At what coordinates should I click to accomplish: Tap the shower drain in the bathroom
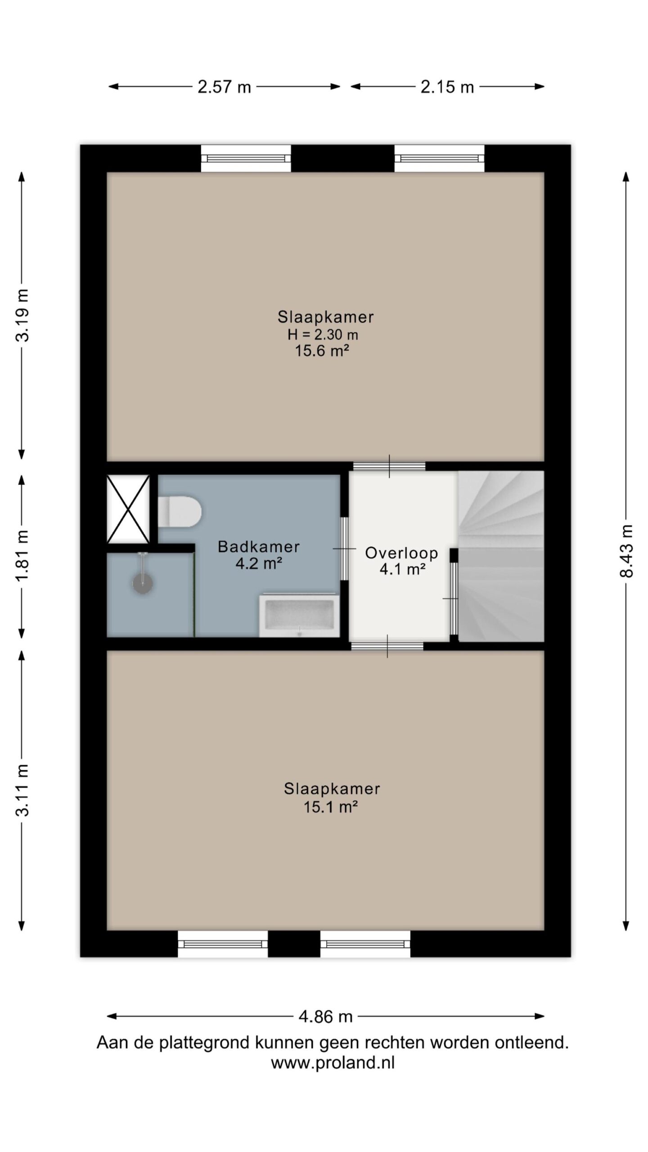tap(143, 583)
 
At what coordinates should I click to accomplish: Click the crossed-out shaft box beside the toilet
tap(128, 509)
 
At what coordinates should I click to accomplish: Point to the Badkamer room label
tap(259, 547)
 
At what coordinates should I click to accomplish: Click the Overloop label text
tap(401, 553)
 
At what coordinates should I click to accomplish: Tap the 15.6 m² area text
tap(322, 351)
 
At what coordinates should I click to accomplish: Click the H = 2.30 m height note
tap(323, 334)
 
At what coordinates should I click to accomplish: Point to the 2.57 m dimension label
tap(224, 87)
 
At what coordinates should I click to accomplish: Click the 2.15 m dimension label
tap(447, 87)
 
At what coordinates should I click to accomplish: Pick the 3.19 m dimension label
tap(22, 315)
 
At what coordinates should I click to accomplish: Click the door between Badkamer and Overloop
tap(344, 549)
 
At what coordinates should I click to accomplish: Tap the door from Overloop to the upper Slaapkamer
tap(389, 466)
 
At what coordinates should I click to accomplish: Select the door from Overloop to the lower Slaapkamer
tap(387, 646)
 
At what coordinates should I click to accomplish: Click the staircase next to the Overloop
tap(501, 556)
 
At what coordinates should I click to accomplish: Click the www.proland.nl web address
tap(333, 1063)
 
